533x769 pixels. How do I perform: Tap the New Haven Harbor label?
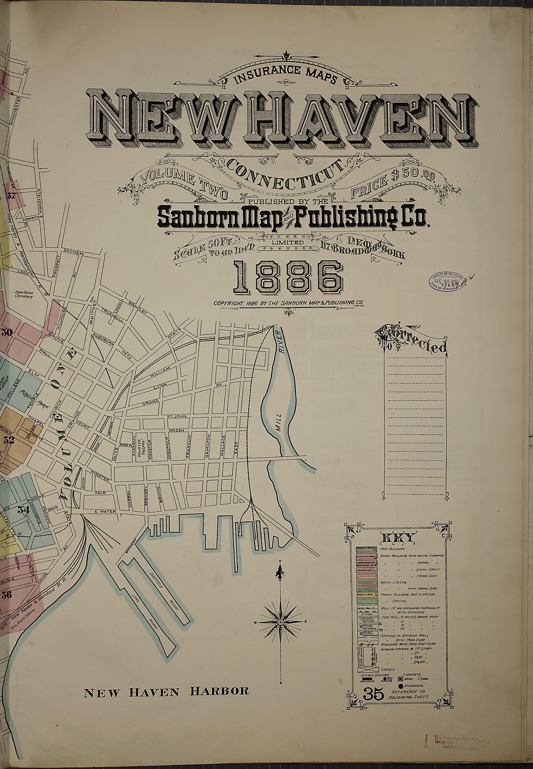(166, 726)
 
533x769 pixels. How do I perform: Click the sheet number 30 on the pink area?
(7, 333)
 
